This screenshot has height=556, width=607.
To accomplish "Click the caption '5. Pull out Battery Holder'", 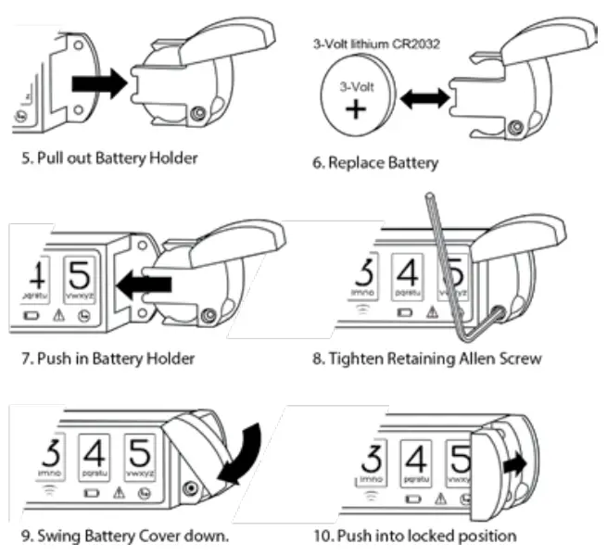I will coord(109,158).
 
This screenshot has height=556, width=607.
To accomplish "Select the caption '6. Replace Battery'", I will coord(375,163).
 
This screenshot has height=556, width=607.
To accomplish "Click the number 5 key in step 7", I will coord(81,281).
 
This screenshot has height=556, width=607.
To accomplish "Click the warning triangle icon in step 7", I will coord(58,316).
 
